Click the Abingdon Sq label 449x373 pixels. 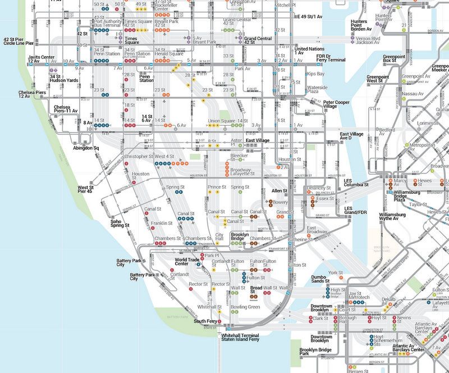pos(86,148)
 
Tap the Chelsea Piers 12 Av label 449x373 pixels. pos(32,94)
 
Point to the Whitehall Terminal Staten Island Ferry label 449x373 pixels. pos(242,338)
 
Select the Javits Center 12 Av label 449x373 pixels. pos(42,59)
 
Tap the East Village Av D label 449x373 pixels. pos(352,135)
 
